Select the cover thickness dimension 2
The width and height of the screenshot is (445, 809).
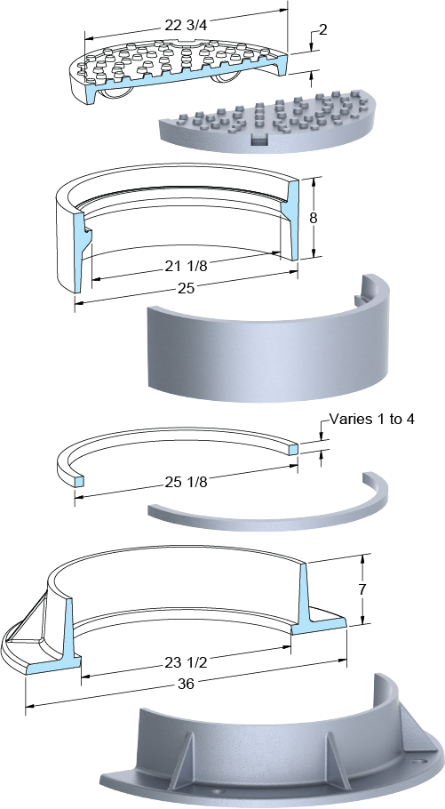(322, 30)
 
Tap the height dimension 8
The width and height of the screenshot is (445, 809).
(313, 218)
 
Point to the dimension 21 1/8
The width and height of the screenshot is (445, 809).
(187, 266)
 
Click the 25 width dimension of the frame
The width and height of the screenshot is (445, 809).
(186, 288)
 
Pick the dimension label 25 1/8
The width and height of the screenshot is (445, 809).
(187, 483)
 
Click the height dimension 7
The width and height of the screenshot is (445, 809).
(362, 589)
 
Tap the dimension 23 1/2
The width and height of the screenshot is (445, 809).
(187, 662)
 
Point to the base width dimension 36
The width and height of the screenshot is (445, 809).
(186, 685)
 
